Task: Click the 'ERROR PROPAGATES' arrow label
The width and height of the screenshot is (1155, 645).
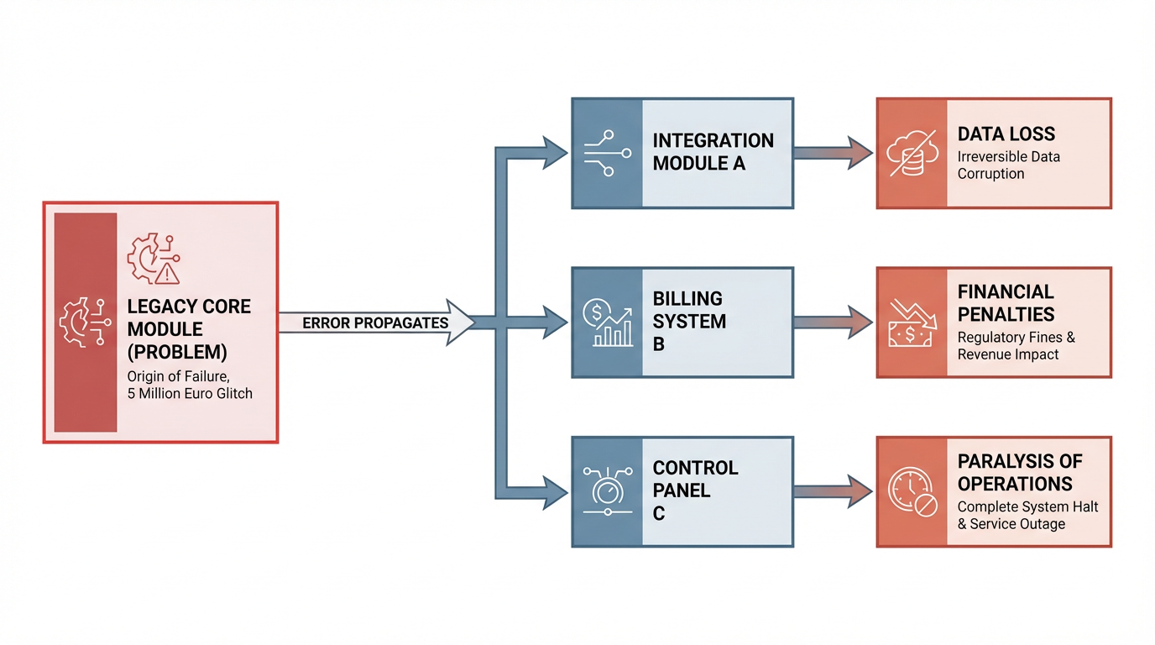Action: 375,323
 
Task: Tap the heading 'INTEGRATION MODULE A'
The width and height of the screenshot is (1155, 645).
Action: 713,152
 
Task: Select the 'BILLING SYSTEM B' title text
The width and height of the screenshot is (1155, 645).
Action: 689,321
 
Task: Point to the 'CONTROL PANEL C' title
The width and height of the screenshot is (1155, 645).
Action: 695,490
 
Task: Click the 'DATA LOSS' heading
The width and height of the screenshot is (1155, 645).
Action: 1006,134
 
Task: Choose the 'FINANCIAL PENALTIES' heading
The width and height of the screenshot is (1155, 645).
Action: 1006,303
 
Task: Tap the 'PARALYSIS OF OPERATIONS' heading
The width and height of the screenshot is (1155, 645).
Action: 1019,472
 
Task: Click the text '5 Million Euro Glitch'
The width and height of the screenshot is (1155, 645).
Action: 190,394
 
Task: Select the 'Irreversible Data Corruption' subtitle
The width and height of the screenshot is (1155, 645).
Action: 1009,165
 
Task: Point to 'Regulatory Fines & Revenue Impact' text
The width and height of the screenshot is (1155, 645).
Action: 1016,346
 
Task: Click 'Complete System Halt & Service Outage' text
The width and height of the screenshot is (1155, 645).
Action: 1027,515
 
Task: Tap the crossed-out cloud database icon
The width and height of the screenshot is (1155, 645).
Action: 912,153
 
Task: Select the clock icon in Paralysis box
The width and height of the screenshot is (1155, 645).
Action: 912,492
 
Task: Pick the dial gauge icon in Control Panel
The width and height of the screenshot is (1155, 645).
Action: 608,490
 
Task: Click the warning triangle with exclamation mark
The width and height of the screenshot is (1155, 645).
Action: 166,274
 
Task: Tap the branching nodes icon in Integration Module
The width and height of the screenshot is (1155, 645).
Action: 608,153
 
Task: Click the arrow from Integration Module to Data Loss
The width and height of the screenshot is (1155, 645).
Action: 834,153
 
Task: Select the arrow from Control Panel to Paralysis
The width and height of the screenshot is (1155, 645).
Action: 834,492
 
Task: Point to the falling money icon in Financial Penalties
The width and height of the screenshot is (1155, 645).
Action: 911,323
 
